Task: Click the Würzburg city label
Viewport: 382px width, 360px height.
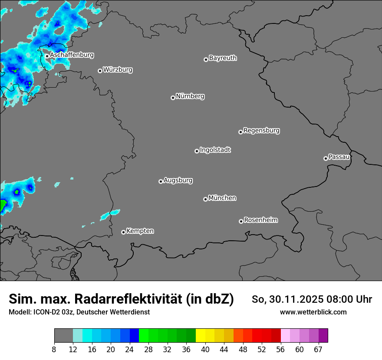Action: click(118, 69)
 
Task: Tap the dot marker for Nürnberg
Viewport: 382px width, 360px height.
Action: click(173, 98)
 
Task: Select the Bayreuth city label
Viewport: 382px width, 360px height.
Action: click(223, 58)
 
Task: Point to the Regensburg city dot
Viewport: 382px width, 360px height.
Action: click(240, 132)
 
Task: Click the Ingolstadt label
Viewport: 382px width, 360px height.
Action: click(215, 150)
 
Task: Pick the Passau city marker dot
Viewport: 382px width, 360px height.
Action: click(326, 158)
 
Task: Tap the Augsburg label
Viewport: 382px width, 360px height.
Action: click(178, 180)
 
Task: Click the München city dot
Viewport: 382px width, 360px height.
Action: click(205, 200)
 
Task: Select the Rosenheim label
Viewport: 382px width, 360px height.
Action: click(260, 220)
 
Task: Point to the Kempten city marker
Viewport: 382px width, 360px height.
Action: click(123, 232)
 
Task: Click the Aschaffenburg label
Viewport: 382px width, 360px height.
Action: click(72, 55)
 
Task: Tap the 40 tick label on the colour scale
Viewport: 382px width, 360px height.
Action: click(205, 350)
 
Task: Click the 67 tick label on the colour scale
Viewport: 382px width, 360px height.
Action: click(318, 350)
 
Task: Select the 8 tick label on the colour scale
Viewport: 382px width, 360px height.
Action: click(54, 350)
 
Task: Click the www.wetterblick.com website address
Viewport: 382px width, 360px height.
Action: click(313, 312)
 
